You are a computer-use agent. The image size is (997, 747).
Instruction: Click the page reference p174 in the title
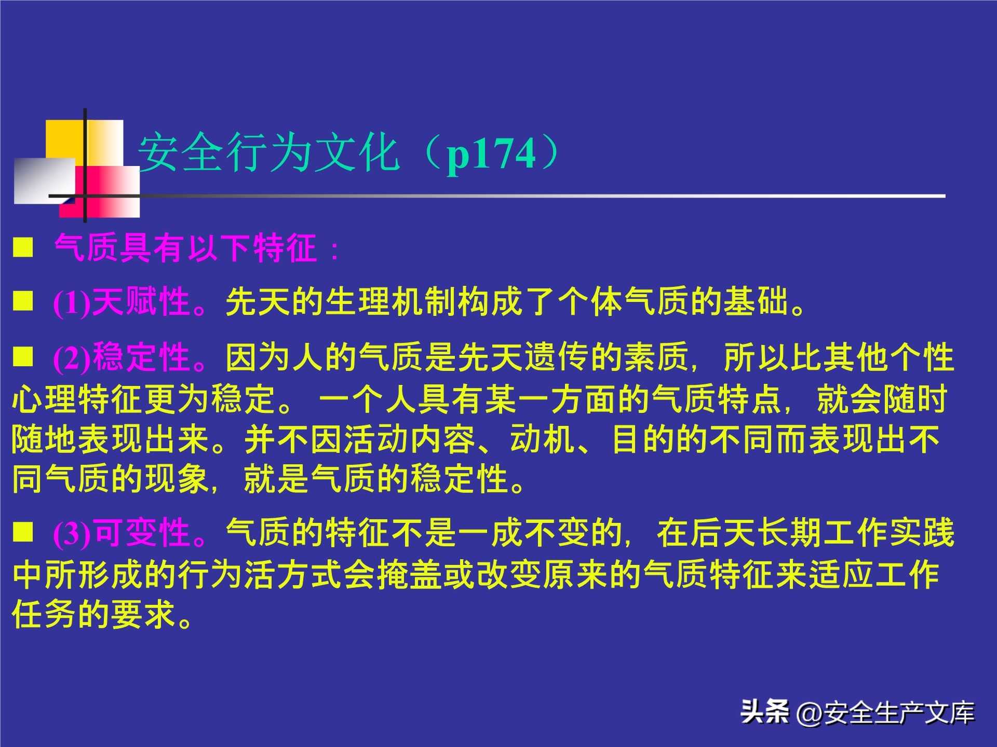tap(491, 154)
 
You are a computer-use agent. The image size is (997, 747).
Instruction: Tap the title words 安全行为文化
tap(268, 153)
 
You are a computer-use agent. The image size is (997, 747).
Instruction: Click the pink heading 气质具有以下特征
tap(186, 248)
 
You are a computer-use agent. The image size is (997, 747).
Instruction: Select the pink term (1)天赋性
tap(123, 302)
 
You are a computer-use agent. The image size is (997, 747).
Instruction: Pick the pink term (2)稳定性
tap(123, 357)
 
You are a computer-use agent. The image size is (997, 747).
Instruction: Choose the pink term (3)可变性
tap(123, 533)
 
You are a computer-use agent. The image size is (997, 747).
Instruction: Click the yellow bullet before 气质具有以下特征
tap(23, 247)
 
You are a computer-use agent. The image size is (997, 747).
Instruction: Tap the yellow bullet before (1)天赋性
tap(23, 301)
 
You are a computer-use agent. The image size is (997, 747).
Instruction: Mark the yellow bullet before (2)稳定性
tap(23, 357)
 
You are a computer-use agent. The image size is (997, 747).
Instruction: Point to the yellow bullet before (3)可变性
tap(23, 532)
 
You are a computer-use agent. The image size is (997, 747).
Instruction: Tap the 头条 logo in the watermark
tap(764, 711)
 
